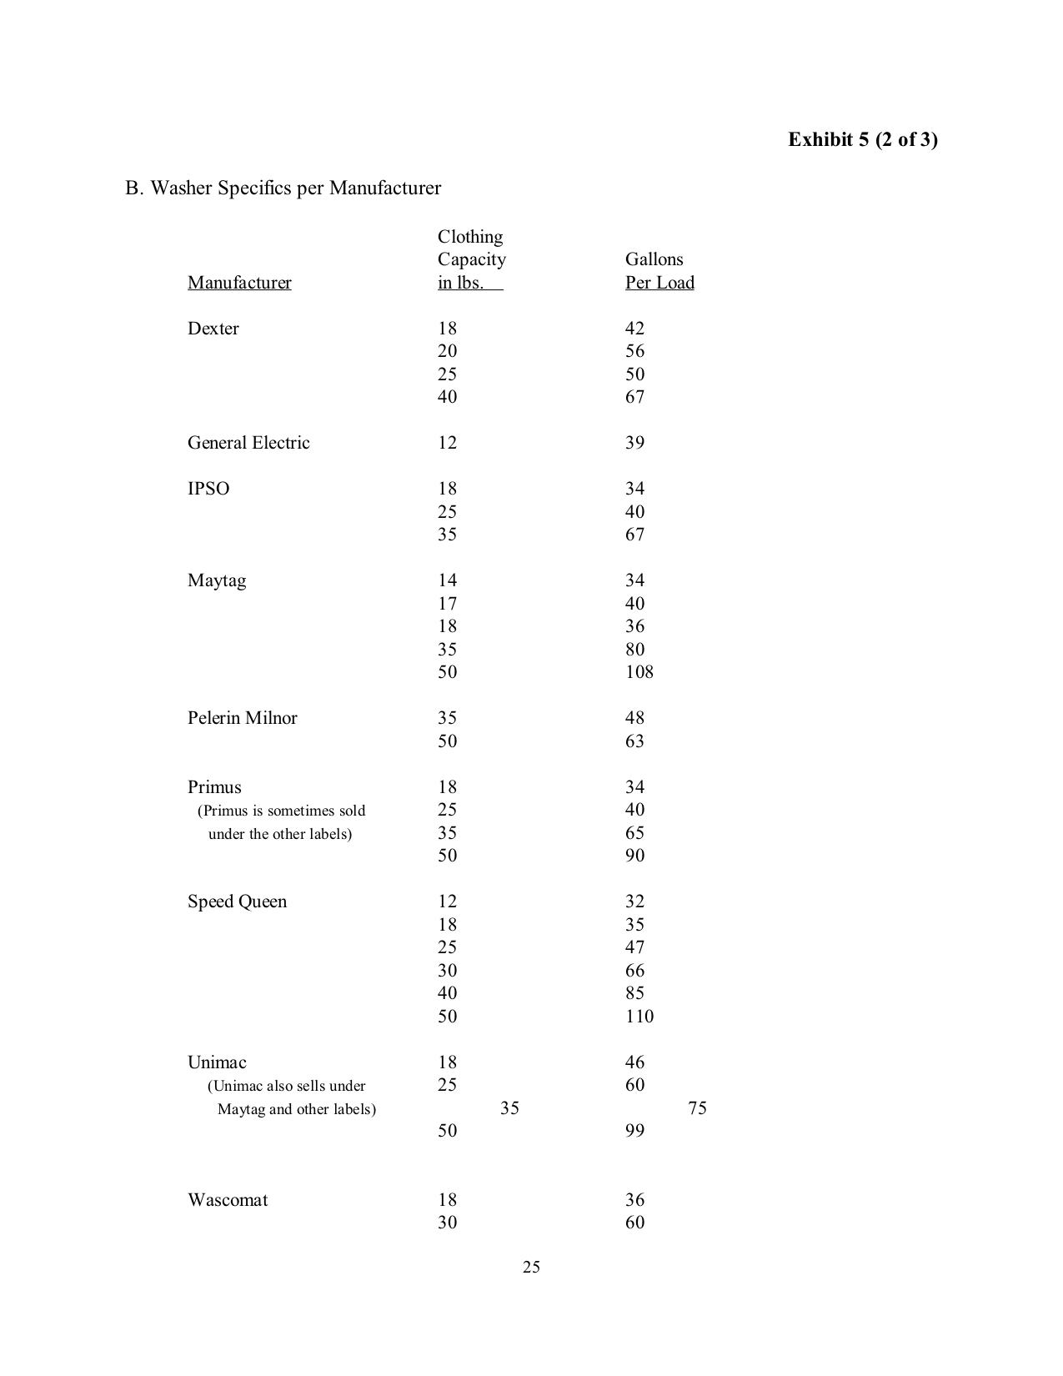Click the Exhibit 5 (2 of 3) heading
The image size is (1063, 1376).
click(x=863, y=139)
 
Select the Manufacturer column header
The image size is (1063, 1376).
click(x=239, y=283)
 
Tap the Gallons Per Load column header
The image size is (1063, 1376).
click(x=659, y=271)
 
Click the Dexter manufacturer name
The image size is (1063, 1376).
click(x=213, y=329)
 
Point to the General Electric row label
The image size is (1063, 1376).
click(x=248, y=443)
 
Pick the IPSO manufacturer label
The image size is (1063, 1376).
click(x=208, y=489)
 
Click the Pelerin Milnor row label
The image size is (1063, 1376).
click(x=242, y=718)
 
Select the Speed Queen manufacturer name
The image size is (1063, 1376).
click(x=237, y=901)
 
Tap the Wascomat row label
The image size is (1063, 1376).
click(x=228, y=1200)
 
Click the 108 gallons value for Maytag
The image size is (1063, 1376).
click(x=639, y=672)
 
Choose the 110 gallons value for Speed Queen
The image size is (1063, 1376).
click(x=639, y=1017)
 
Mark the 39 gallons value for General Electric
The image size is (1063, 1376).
click(x=634, y=443)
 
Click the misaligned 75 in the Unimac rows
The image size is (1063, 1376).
click(x=697, y=1108)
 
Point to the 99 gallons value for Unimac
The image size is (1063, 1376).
click(x=634, y=1131)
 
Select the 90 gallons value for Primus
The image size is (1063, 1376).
click(x=634, y=856)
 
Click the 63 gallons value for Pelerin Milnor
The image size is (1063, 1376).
click(x=634, y=741)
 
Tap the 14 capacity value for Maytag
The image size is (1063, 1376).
click(x=447, y=580)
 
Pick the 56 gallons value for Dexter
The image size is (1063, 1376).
click(x=634, y=351)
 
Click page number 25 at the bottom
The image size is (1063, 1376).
click(x=531, y=1268)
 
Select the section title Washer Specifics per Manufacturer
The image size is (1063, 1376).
click(x=283, y=188)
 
